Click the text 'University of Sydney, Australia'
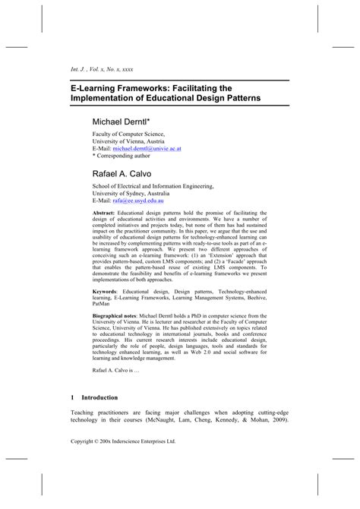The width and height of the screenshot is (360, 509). (x=137, y=194)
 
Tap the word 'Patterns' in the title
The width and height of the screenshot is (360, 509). (x=235, y=99)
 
